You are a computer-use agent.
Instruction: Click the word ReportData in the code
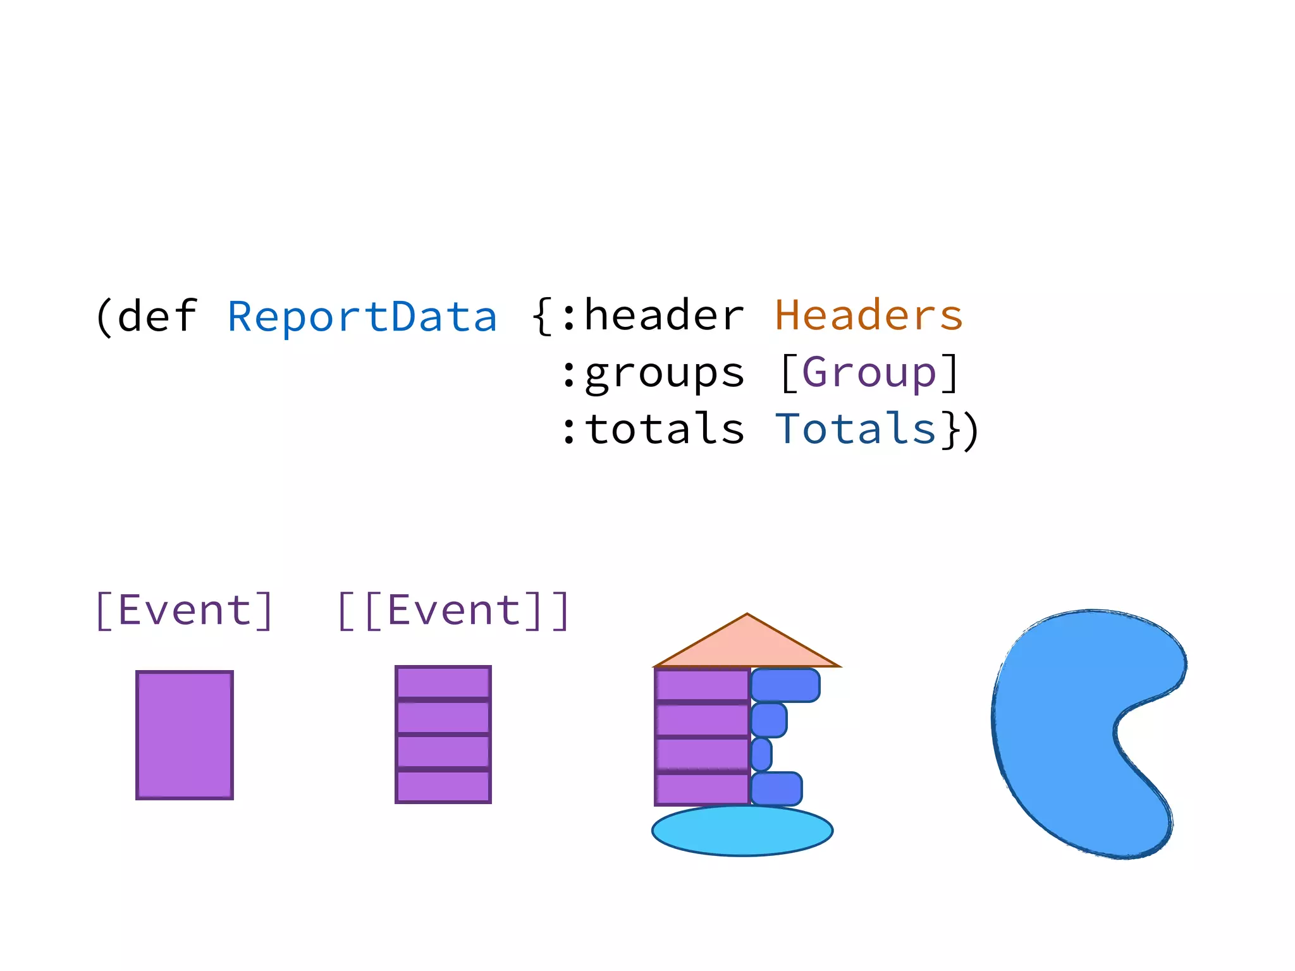coord(362,316)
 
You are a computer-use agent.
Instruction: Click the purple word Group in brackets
coord(869,373)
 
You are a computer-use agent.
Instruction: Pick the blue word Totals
coord(856,429)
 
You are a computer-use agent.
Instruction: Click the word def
coord(157,316)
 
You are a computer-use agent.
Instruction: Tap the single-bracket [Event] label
coord(184,611)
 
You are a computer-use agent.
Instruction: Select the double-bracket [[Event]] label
coord(453,611)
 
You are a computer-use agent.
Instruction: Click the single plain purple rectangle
coord(185,735)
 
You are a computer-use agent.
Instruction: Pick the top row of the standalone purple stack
coord(443,683)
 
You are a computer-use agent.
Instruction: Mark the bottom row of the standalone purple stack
coord(443,786)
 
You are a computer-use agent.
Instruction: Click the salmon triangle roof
coord(747,645)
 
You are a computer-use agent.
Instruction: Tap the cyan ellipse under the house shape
coord(742,831)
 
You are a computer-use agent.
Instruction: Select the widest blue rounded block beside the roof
coord(785,685)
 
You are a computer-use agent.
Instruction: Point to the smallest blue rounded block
coord(761,754)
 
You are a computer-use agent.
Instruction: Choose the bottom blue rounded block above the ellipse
coord(776,788)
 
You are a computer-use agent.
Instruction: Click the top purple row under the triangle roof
coord(702,685)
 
